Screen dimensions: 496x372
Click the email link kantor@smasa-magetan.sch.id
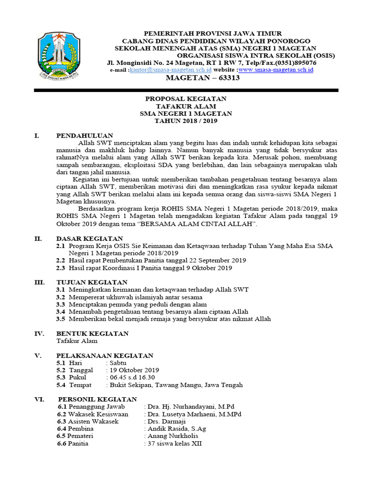point(164,70)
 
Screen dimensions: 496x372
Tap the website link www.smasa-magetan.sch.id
point(276,70)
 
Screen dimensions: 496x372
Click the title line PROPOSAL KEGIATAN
point(186,99)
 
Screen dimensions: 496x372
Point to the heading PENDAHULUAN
point(85,136)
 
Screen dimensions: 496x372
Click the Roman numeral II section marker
point(38,238)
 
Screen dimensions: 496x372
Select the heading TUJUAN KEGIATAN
point(92,282)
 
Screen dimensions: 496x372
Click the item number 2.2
point(61,260)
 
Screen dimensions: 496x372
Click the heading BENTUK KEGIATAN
point(93,333)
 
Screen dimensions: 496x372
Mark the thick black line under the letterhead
point(186,91)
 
